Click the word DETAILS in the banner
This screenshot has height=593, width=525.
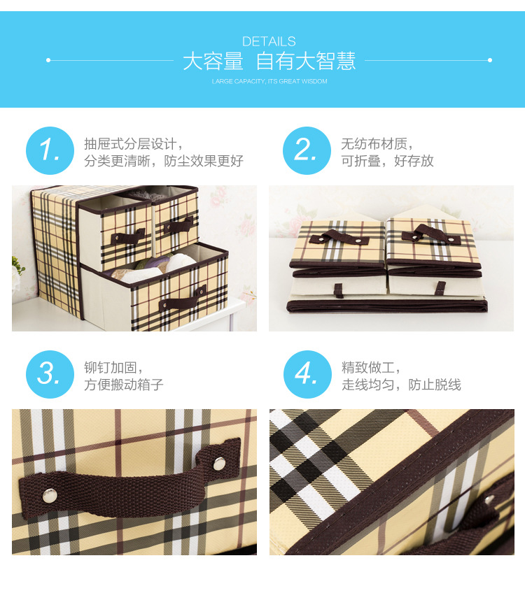point(269,41)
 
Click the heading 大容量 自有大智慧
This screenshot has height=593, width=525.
point(269,62)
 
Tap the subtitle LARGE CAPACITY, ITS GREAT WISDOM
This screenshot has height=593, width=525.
point(269,82)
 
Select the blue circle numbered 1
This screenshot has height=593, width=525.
point(50,150)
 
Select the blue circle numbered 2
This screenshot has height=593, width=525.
point(307,150)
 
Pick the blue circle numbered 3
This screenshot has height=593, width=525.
point(50,374)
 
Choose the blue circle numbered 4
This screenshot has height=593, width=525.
point(307,374)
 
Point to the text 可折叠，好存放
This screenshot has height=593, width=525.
point(387,161)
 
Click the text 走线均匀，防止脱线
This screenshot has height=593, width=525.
point(401,385)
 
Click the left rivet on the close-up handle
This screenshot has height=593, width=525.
point(48,495)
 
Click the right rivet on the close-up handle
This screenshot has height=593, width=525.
point(218,462)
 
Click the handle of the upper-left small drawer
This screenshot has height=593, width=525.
point(128,236)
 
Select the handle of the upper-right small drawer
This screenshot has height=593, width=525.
point(178,224)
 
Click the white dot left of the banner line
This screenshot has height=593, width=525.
point(48,60)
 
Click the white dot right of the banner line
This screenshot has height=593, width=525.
point(490,60)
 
